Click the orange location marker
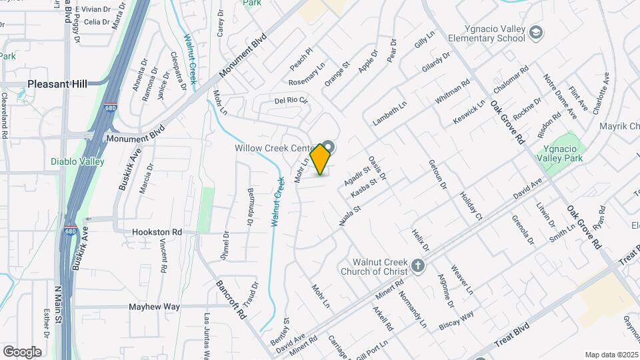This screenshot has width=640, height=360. click(321, 159)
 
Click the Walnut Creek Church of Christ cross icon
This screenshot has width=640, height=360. click(417, 266)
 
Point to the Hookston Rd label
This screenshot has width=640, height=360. click(157, 232)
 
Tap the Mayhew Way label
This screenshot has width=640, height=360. click(155, 307)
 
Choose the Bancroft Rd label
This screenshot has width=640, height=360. click(231, 297)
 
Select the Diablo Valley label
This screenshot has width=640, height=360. click(77, 161)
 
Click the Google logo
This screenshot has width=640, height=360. click(22, 351)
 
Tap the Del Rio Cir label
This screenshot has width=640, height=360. click(291, 101)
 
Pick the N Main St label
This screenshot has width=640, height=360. click(57, 305)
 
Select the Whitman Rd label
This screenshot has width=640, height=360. click(453, 91)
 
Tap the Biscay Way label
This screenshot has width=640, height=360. click(457, 319)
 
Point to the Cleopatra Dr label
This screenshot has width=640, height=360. click(178, 70)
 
